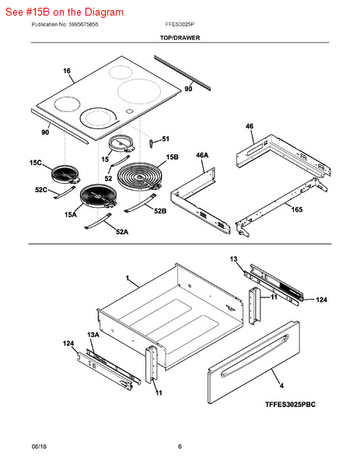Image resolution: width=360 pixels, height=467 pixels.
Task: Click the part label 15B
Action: click(173, 157)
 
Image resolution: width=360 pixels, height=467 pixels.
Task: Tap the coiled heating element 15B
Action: click(139, 176)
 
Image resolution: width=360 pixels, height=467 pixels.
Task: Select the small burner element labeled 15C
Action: click(65, 174)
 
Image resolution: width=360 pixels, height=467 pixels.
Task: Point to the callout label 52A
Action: click(122, 231)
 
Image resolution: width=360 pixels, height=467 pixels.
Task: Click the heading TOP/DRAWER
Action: click(180, 38)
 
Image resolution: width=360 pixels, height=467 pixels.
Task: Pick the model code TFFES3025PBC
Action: click(290, 405)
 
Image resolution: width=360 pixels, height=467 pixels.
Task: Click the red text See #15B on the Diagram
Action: click(65, 12)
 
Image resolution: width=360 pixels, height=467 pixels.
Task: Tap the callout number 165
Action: click(296, 209)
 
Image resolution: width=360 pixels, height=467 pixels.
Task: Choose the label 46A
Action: click(202, 155)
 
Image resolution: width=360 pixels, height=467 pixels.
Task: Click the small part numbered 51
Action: click(151, 143)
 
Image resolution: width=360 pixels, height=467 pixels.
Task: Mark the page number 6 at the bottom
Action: click(180, 446)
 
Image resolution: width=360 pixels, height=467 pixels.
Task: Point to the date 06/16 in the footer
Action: click(39, 446)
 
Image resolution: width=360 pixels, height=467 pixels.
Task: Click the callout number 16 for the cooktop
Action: click(67, 71)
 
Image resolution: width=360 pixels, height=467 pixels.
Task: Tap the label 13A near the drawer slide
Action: click(93, 335)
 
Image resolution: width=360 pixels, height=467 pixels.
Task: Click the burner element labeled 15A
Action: click(98, 195)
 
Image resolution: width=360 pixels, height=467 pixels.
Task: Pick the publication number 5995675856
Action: click(83, 24)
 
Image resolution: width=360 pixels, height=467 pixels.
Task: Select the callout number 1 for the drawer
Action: click(128, 278)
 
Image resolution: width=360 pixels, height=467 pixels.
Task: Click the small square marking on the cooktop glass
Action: click(129, 111)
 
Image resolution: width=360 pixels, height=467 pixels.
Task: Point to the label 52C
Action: click(41, 190)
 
